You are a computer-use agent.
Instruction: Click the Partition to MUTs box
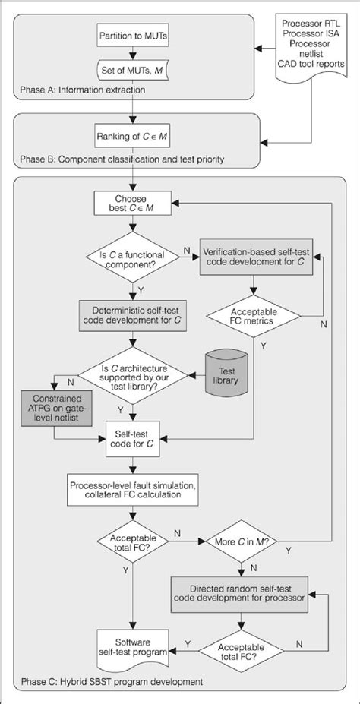(133, 35)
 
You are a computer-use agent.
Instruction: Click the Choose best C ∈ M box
(133, 203)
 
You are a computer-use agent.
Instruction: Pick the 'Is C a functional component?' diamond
(133, 260)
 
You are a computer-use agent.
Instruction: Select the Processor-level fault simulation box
(133, 489)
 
